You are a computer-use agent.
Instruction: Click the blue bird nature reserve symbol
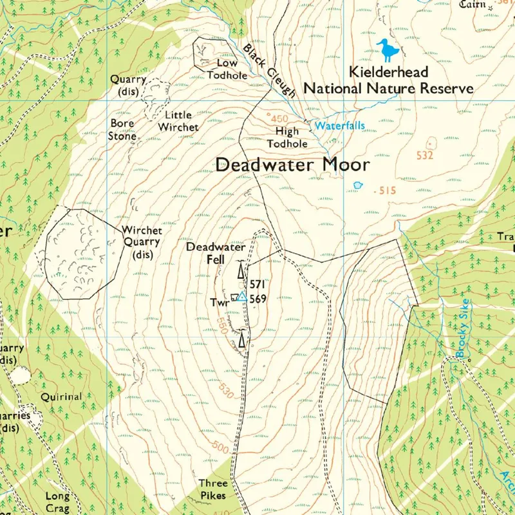point(388,50)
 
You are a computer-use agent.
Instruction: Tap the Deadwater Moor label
point(293,165)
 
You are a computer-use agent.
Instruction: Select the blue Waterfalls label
point(339,126)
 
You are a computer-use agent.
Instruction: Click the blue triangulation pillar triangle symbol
point(241,296)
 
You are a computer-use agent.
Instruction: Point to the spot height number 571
point(257,284)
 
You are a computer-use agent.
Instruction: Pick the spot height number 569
point(258,299)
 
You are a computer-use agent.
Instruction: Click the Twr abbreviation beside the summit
point(219,302)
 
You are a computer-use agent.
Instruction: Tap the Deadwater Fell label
point(215,253)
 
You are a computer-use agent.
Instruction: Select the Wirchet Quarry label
point(142,242)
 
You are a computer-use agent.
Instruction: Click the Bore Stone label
point(122,129)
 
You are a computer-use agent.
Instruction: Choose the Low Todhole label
point(227,69)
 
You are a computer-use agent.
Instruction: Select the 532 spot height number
point(426,155)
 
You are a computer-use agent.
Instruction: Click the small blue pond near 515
point(358,185)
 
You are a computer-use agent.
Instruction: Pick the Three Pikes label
point(212,488)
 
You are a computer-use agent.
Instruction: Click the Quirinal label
point(61,397)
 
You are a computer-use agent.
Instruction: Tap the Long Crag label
point(57,501)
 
